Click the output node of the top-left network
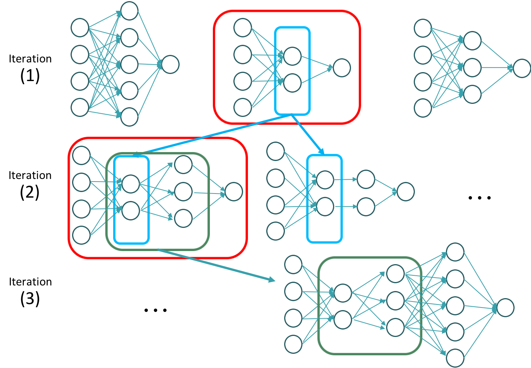click(x=170, y=65)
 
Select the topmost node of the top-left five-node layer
click(x=129, y=11)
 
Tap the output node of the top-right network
click(x=522, y=68)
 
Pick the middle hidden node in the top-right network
click(x=472, y=68)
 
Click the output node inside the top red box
click(x=342, y=68)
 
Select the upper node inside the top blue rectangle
click(x=292, y=56)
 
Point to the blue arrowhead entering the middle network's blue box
click(x=321, y=151)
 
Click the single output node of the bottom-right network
click(x=505, y=308)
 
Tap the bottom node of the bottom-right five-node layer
click(x=455, y=358)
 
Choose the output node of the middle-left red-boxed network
click(x=234, y=192)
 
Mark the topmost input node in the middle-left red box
click(x=81, y=155)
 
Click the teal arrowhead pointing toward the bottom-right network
click(x=272, y=279)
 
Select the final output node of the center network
click(x=406, y=192)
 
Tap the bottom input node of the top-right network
click(x=423, y=108)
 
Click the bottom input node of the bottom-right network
click(x=293, y=344)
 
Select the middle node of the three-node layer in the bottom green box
click(x=395, y=301)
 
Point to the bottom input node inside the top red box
click(x=243, y=108)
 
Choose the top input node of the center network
click(x=276, y=151)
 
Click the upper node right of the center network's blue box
click(x=366, y=179)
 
